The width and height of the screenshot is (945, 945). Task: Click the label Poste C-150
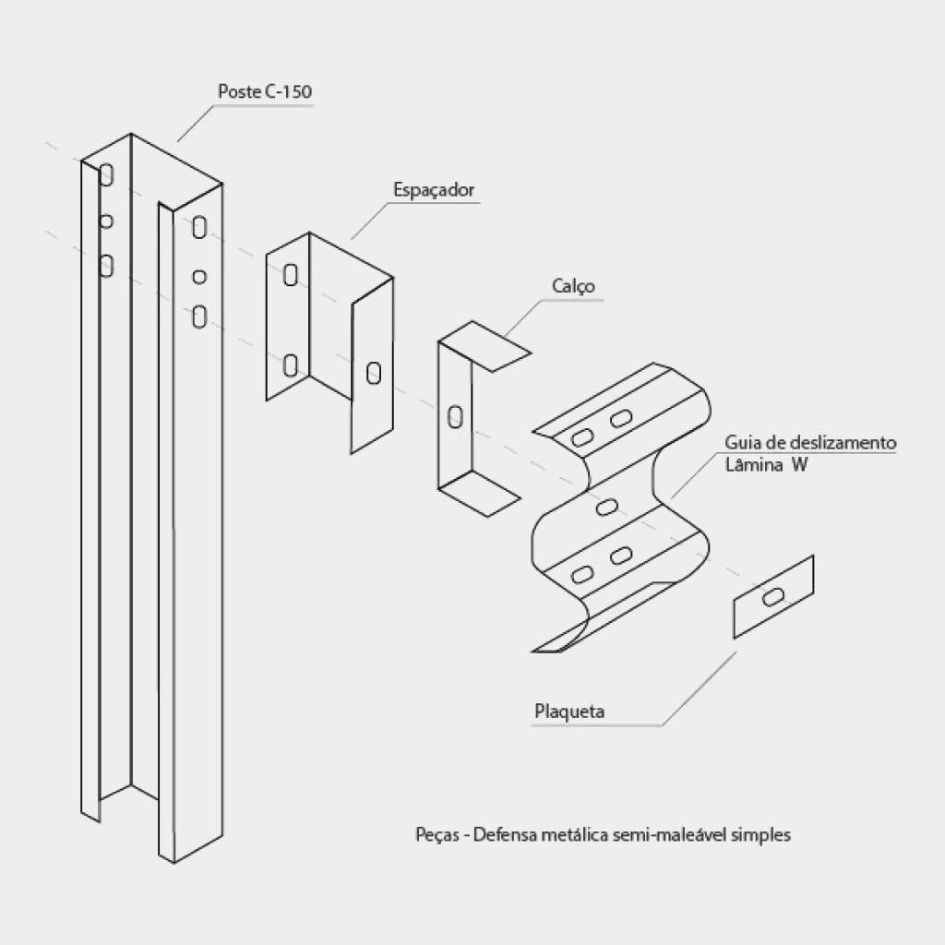265,91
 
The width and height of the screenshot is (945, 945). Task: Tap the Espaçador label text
434,190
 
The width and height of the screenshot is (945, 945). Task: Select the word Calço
573,286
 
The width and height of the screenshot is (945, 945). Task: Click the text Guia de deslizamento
810,442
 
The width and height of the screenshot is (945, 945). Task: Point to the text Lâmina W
766,465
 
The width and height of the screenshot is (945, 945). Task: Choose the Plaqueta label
569,712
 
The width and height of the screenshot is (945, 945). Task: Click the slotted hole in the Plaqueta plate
773,597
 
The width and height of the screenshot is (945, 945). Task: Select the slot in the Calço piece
456,417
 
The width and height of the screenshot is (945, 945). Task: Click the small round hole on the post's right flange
199,277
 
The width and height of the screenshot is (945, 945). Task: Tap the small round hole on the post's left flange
106,221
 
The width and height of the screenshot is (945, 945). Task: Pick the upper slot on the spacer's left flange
291,275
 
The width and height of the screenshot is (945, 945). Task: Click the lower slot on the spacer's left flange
291,365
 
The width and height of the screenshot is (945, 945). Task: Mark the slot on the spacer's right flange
374,373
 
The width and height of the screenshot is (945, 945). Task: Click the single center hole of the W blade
606,508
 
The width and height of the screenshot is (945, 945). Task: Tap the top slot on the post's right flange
199,228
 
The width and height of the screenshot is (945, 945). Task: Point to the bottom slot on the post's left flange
106,266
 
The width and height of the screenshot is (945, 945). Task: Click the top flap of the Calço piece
485,347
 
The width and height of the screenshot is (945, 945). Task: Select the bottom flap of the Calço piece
480,493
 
